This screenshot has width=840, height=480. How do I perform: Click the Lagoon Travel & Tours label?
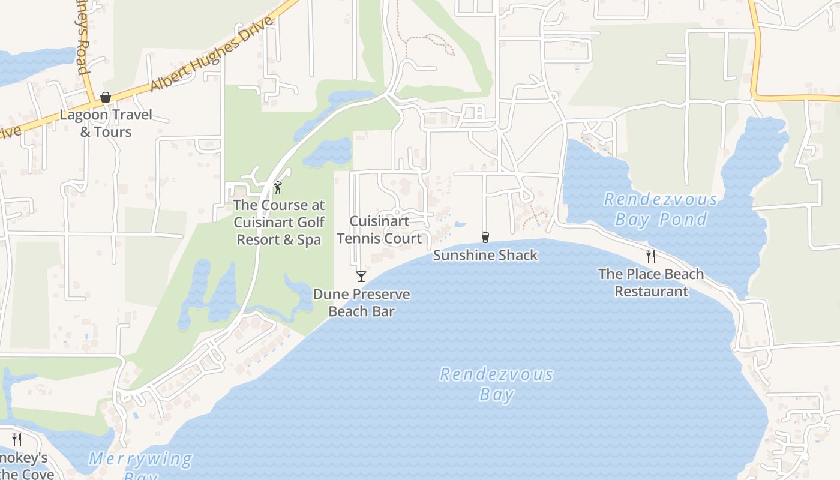point(106,123)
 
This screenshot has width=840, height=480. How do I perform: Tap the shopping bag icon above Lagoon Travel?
point(106,97)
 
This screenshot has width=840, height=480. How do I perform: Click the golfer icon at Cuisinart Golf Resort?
point(277,188)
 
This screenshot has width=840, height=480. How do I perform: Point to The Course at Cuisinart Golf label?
point(279,223)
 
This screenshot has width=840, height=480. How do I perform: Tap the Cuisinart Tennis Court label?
point(379,230)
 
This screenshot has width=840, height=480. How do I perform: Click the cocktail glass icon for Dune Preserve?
point(361,277)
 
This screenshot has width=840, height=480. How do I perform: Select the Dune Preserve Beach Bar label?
point(361,303)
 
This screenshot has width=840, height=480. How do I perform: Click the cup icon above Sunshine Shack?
point(485,238)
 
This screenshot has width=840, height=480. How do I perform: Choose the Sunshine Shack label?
point(485,256)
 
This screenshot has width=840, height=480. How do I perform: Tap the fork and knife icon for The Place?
point(651,256)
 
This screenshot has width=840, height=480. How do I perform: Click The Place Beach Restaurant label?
point(651,283)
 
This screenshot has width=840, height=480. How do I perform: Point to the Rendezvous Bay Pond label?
point(661,209)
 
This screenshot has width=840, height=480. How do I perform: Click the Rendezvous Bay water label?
point(497,384)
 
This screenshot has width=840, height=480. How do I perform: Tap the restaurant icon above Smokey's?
point(17,440)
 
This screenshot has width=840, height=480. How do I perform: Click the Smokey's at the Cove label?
point(24,466)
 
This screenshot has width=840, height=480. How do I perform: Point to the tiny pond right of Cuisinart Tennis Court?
point(460,225)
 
